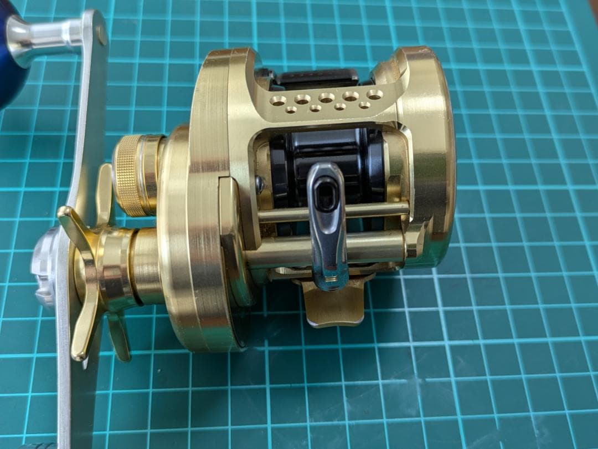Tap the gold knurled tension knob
[x=128, y=175]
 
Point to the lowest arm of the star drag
[x=119, y=338]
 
